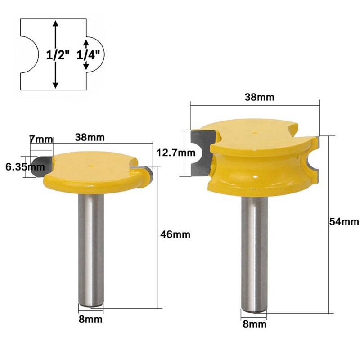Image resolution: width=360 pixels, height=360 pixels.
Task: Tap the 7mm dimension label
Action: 40,139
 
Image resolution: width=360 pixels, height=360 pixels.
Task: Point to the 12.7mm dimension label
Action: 173,153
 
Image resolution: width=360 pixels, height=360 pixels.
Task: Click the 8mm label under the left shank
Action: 90,319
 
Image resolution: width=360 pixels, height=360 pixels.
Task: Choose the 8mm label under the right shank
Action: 254,323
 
